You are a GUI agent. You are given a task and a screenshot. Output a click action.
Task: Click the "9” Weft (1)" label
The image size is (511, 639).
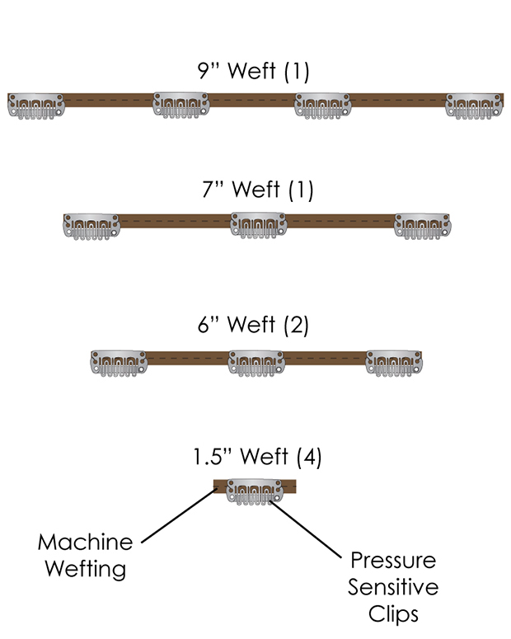pos(253,72)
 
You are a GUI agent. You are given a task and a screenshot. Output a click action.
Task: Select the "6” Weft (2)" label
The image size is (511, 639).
pos(253,325)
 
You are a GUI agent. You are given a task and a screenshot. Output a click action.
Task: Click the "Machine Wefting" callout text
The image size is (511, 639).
pos(85,555)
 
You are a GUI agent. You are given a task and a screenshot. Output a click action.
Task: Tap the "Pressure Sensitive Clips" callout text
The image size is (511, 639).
pos(393,587)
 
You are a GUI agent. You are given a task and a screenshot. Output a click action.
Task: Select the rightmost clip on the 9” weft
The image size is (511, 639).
pos(474,106)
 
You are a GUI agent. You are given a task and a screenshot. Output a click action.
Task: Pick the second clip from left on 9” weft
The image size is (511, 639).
pos(181,106)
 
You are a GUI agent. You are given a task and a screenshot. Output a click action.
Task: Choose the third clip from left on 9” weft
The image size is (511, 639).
pos(323,106)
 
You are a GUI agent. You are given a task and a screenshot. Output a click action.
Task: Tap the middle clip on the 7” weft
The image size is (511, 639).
pos(258,224)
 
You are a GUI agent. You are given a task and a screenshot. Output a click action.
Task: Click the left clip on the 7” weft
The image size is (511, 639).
pos(91,225)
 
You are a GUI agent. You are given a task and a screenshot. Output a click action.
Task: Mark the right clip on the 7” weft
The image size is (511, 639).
pos(423,225)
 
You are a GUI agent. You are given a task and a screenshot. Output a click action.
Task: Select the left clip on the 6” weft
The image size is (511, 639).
pos(119,362)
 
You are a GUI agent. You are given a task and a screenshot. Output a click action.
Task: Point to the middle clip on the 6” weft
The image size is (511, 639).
pos(255,362)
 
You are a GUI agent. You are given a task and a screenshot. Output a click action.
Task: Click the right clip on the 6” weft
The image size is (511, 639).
pos(393,362)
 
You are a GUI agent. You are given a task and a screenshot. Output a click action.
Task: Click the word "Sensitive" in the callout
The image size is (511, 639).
pos(393,588)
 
